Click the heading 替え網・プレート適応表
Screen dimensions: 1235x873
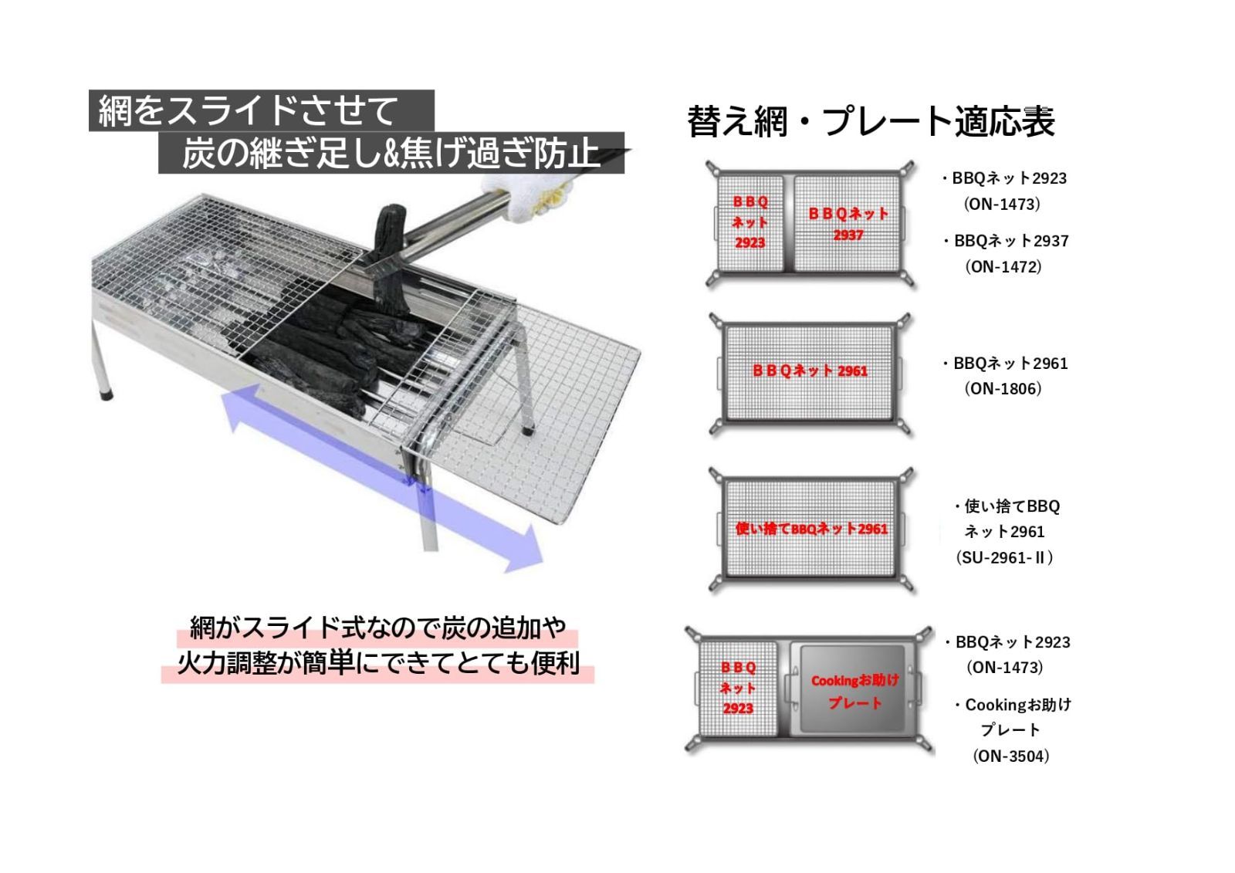click(x=871, y=120)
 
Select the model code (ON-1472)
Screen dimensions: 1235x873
click(x=1003, y=267)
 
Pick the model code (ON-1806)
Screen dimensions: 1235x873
click(x=1003, y=389)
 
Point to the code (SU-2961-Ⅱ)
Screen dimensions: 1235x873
click(x=1004, y=557)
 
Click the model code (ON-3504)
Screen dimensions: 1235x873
click(x=1010, y=756)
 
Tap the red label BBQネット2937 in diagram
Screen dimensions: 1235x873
click(x=848, y=224)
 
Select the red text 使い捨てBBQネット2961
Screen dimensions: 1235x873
click(x=811, y=529)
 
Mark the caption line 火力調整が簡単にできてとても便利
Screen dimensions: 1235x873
click(x=378, y=663)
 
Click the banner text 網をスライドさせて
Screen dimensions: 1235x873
click(x=248, y=111)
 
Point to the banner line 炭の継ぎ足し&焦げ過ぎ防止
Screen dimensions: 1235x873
click(x=391, y=153)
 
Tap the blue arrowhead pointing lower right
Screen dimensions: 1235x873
click(x=524, y=549)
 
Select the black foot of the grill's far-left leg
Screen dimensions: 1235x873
click(x=107, y=395)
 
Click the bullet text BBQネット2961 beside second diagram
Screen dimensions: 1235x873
click(x=1010, y=364)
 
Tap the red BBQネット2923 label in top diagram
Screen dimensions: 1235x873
click(x=749, y=222)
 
